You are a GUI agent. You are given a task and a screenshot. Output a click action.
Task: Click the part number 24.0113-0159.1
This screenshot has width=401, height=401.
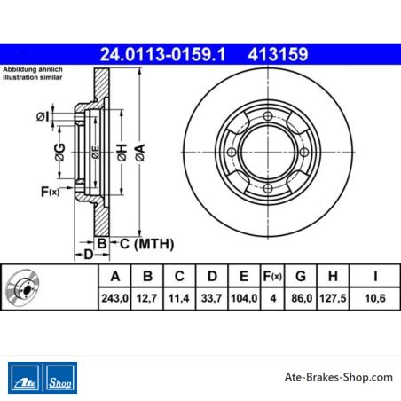tap(162, 55)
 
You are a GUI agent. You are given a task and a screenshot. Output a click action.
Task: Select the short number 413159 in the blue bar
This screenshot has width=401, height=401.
tap(278, 55)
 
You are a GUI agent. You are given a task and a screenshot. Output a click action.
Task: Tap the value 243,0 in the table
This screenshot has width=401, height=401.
tap(114, 298)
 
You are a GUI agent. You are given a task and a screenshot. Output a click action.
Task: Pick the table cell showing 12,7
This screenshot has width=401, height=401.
tap(147, 298)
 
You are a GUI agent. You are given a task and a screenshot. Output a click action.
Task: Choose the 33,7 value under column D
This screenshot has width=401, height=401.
tap(211, 298)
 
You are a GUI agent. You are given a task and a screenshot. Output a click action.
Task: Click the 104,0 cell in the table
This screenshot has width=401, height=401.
tap(244, 298)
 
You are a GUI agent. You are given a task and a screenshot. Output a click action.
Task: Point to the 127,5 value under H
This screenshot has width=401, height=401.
tap(333, 298)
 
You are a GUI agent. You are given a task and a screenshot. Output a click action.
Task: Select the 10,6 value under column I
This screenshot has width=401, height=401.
tap(375, 298)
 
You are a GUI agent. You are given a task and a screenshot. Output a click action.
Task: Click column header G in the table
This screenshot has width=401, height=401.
tap(301, 276)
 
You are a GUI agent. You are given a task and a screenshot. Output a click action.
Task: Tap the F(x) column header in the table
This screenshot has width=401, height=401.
tap(272, 276)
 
